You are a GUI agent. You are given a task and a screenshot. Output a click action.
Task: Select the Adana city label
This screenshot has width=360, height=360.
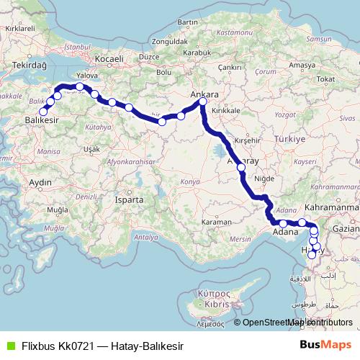click(286, 233)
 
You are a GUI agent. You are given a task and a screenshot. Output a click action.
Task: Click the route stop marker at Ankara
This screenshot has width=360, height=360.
click(203, 102)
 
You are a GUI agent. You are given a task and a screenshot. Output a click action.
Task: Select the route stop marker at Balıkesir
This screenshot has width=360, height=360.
click(43, 112)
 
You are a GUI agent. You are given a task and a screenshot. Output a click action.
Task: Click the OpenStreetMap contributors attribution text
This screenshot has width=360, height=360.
click(296, 323)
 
